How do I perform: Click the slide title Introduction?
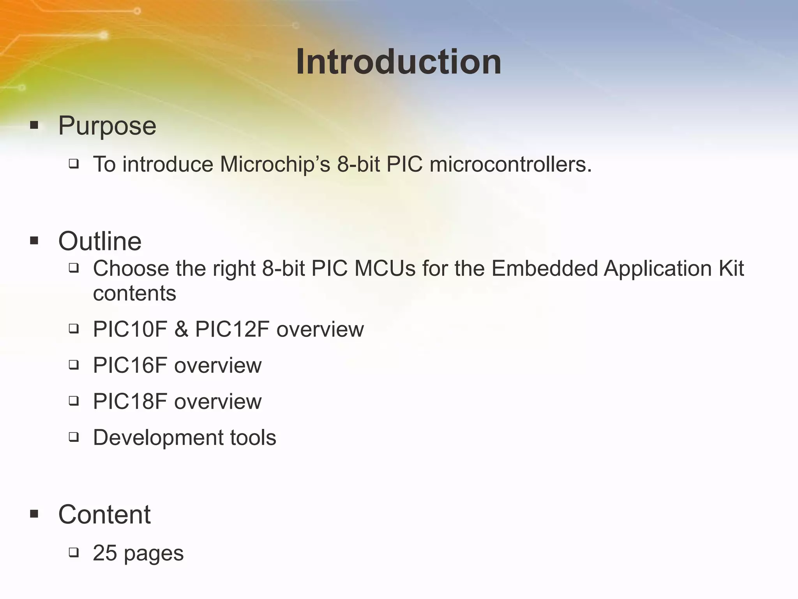pos(398,62)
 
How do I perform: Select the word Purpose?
pos(107,126)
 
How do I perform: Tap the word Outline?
pos(100,241)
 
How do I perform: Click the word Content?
pos(104,514)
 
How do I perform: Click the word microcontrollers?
pos(510,164)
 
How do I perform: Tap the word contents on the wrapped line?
pos(134,293)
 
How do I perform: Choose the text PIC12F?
pos(232,329)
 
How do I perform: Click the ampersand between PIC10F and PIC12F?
pos(181,329)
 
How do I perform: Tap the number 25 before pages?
pos(105,553)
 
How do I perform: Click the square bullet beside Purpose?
pos(34,126)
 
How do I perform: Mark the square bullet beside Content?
pos(34,514)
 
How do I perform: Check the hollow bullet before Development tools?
pos(74,437)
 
